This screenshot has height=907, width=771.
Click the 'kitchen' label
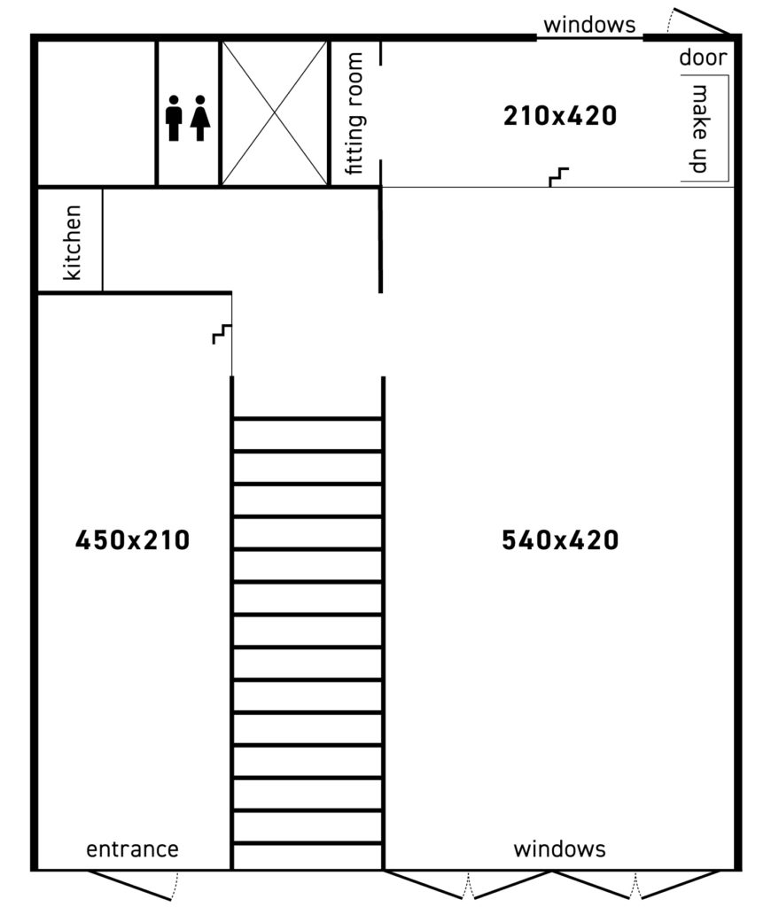point(73,243)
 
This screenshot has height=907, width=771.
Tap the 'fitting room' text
point(354,113)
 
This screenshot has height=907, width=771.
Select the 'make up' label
point(700,128)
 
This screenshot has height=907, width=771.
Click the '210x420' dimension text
point(560,116)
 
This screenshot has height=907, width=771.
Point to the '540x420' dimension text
point(560,540)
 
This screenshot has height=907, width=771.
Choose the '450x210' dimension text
point(133,540)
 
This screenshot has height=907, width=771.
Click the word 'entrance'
point(133,849)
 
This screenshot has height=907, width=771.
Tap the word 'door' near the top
point(703,58)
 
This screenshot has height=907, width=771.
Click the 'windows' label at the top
point(589,25)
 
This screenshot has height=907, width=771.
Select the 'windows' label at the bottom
point(559,849)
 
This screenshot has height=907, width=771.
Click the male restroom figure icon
point(174,118)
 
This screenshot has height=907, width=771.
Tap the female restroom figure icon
point(200,118)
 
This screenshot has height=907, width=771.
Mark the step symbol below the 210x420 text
point(558,177)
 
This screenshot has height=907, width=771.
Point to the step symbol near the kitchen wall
point(222,334)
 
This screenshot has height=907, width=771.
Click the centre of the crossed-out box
point(275,113)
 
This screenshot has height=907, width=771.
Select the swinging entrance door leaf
point(129,885)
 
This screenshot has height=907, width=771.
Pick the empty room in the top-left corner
point(97,113)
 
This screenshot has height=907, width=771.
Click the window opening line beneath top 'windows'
point(589,38)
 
